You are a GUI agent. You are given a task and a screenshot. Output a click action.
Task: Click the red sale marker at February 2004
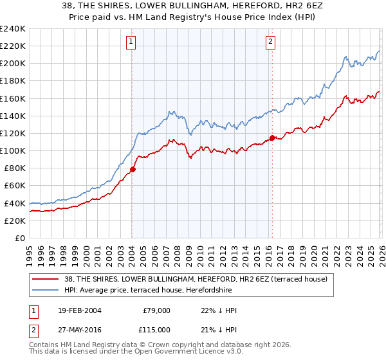(133, 170)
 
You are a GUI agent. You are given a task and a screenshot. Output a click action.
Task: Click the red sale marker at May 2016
(272, 138)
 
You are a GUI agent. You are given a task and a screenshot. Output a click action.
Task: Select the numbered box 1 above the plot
(131, 42)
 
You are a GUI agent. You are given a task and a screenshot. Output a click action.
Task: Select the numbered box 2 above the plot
(270, 42)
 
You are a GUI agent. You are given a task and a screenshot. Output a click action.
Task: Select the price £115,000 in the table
(156, 329)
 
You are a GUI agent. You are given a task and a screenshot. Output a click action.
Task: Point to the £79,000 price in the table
(156, 310)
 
